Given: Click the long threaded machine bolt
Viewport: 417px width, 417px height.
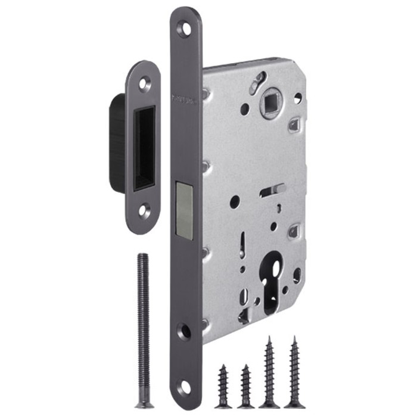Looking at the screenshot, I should pos(142,328).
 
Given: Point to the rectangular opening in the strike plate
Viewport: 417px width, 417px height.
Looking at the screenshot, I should pos(144,148).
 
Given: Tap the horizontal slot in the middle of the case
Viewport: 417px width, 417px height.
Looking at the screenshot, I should pos(272,191).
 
